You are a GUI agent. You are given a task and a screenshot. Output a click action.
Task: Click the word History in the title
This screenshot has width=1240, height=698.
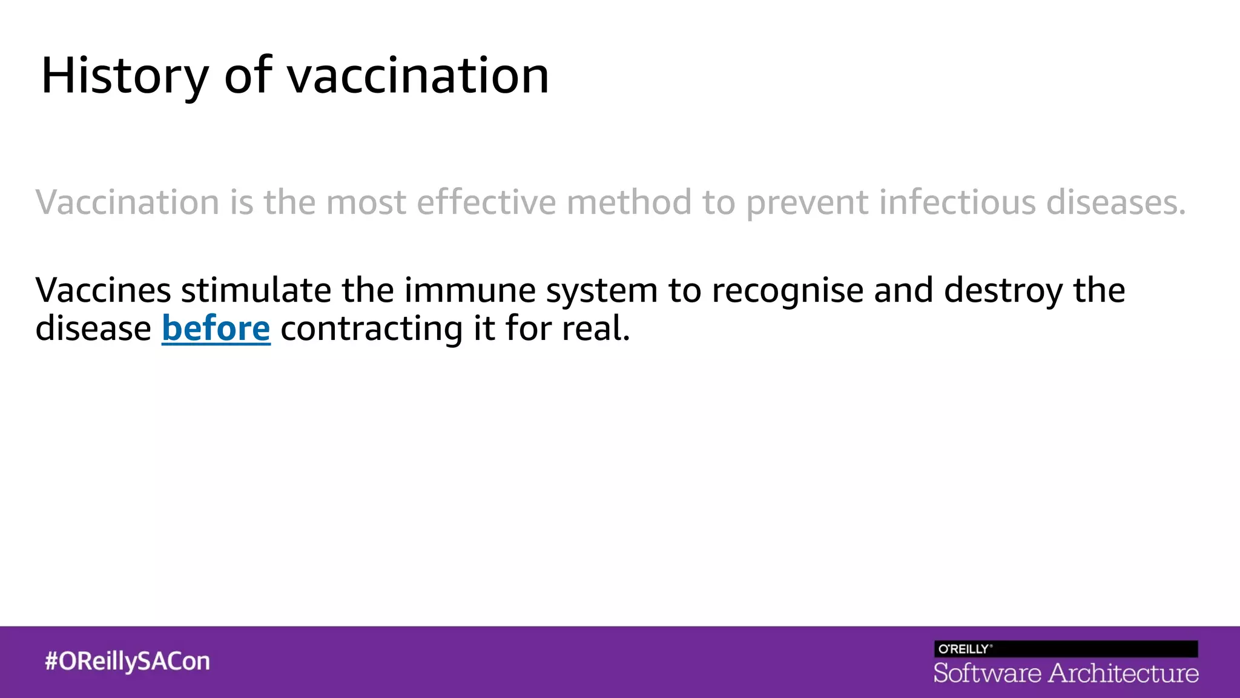click(x=124, y=76)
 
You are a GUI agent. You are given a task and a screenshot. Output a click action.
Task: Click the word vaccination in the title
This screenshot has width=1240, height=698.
click(x=418, y=76)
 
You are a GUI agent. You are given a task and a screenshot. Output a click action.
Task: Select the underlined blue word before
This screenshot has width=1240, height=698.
click(x=216, y=329)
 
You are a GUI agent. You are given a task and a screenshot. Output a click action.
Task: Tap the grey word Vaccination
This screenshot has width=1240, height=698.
click(x=127, y=202)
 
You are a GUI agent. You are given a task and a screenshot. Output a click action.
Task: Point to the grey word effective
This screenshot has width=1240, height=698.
click(x=486, y=202)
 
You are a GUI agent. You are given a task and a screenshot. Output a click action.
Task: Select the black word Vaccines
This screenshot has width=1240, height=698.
click(x=103, y=290)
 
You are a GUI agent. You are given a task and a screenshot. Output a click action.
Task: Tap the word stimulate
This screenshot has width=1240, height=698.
click(x=256, y=290)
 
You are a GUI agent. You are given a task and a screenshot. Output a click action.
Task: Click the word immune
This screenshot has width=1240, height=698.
click(x=470, y=290)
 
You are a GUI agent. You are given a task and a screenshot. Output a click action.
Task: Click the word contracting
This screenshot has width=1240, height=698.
click(x=371, y=329)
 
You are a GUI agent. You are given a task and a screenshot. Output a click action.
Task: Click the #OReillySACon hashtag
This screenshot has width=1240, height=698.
click(x=127, y=661)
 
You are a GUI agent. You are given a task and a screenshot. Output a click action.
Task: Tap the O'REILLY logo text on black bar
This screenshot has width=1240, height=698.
click(x=964, y=649)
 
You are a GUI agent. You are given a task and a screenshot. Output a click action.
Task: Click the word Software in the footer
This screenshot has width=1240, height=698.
click(x=987, y=673)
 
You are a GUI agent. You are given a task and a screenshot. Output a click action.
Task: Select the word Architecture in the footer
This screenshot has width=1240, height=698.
click(x=1123, y=673)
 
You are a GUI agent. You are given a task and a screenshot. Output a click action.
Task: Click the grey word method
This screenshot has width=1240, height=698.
click(x=629, y=202)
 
